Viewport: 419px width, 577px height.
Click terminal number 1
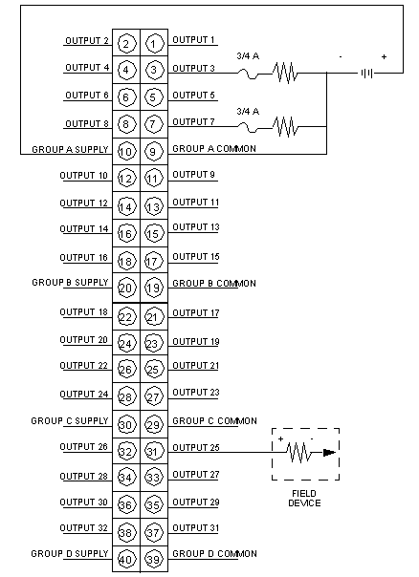point(154,44)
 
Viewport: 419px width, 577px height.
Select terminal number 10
point(126,152)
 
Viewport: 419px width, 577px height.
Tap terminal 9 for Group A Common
point(154,152)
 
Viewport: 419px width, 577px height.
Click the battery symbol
point(367,74)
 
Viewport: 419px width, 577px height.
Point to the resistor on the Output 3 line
point(285,73)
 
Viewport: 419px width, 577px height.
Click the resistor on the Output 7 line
point(285,127)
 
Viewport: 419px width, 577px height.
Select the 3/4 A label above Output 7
point(248,111)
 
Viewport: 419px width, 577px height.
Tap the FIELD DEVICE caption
point(304,499)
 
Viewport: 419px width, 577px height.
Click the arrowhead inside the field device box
point(329,453)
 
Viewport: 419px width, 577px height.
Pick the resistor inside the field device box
point(298,452)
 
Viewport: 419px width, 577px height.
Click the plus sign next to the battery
point(384,57)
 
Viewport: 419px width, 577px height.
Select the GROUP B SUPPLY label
point(70,283)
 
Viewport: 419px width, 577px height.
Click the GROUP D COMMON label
point(214,554)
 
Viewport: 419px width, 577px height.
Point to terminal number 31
point(154,452)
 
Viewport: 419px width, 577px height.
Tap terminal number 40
point(126,560)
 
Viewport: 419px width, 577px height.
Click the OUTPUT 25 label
point(196,447)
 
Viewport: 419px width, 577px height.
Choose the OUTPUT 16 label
point(83,258)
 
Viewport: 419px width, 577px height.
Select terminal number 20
point(126,288)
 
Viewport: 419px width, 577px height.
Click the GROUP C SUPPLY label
point(70,420)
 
